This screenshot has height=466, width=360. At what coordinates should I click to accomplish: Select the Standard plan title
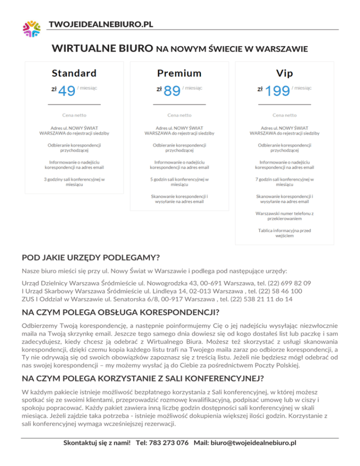click(x=74, y=73)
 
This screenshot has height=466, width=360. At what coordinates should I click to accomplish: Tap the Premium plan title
click(x=180, y=73)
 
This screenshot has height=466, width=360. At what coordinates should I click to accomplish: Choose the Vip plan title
click(x=285, y=73)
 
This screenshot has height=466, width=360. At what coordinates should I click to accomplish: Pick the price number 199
click(x=277, y=91)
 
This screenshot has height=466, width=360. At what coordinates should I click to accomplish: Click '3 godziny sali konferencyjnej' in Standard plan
click(x=74, y=182)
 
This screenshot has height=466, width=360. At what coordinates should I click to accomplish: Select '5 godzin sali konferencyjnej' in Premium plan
click(x=180, y=182)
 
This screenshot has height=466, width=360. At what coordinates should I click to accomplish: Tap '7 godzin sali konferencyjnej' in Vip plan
click(x=285, y=182)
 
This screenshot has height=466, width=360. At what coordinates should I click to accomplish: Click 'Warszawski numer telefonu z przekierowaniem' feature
click(x=285, y=216)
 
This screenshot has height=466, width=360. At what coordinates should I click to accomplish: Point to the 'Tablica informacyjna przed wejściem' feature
click(x=285, y=233)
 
